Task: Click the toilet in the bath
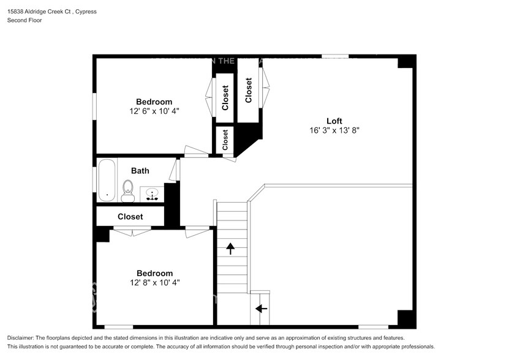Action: pyautogui.click(x=128, y=190)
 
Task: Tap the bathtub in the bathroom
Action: pyautogui.click(x=107, y=181)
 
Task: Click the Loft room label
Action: pyautogui.click(x=334, y=121)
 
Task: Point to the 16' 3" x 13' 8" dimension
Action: pyautogui.click(x=334, y=130)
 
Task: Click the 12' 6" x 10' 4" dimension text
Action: pyautogui.click(x=154, y=111)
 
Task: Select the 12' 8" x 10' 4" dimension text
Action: pyautogui.click(x=154, y=283)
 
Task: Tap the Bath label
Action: pyautogui.click(x=140, y=171)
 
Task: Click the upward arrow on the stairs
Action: pyautogui.click(x=231, y=248)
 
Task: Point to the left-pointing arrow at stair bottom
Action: pyautogui.click(x=261, y=308)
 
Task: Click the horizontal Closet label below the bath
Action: pyautogui.click(x=130, y=217)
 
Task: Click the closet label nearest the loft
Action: pyautogui.click(x=249, y=91)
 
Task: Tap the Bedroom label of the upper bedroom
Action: pyautogui.click(x=154, y=102)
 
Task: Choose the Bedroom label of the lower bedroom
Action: pyautogui.click(x=154, y=273)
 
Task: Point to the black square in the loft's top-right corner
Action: pyautogui.click(x=405, y=62)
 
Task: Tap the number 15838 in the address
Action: pyautogui.click(x=16, y=12)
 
